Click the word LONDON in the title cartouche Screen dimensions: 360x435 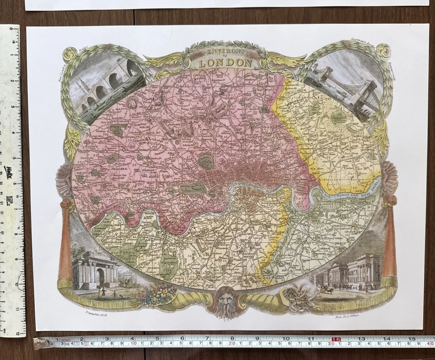pos(225,63)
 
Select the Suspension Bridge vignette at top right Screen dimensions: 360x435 pos(344,86)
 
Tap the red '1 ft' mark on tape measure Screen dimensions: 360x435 pos(336,339)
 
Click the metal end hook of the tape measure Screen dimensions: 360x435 pos(40,343)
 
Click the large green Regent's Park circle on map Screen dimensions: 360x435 pos(206,161)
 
